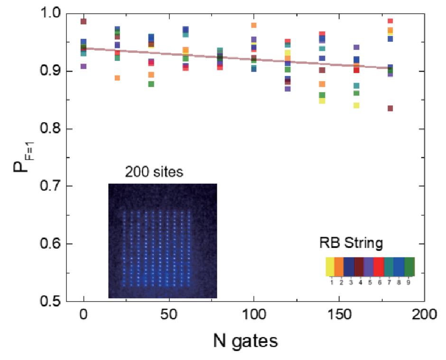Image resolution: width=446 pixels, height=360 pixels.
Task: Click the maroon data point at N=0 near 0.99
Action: [x=84, y=21]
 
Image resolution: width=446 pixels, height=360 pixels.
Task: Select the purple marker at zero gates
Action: [x=84, y=66]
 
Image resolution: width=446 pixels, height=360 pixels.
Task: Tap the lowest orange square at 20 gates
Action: [x=117, y=78]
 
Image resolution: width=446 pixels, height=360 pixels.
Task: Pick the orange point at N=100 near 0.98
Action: [x=254, y=25]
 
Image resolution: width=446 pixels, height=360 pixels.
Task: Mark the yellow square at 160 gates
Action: [x=356, y=105]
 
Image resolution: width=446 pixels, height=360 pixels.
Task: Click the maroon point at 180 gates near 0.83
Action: [x=390, y=108]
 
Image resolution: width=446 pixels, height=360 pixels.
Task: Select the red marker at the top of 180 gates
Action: [x=390, y=21]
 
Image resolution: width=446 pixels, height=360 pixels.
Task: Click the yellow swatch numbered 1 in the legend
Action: [x=330, y=266]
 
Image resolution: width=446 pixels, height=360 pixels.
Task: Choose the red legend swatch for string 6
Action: [x=379, y=266]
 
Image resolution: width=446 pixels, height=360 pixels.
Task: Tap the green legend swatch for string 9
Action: [x=409, y=266]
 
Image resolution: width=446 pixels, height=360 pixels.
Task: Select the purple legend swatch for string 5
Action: [x=369, y=266]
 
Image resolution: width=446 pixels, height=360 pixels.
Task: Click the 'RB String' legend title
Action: [x=351, y=244]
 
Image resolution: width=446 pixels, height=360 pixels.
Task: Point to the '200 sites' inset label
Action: [x=154, y=172]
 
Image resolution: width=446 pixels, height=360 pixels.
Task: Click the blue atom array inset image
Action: [x=163, y=241]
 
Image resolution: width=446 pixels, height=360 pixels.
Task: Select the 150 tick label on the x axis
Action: [x=339, y=315]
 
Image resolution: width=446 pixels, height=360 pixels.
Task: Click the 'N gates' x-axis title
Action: [x=245, y=341]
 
